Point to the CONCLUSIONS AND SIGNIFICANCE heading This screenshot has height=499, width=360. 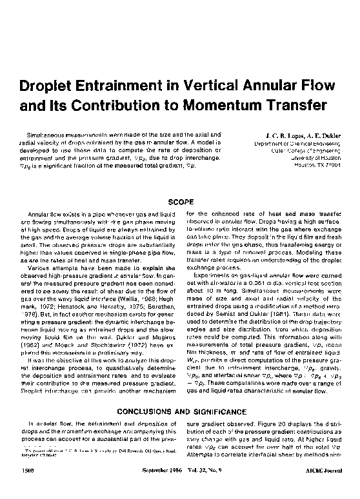point(179,411)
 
